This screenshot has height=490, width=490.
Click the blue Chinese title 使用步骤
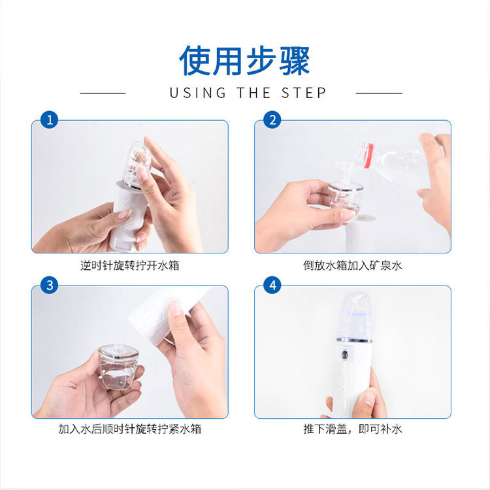[244, 61]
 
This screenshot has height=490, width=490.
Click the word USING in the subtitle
[198, 93]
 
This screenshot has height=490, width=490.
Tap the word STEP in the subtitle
[303, 93]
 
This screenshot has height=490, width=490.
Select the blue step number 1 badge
[50, 120]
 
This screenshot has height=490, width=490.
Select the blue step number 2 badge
[272, 120]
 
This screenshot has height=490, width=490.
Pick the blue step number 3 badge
[50, 285]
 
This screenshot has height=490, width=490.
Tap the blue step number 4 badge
[272, 285]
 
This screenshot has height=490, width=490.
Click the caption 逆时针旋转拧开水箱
[130, 266]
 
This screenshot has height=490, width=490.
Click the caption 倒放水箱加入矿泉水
[353, 266]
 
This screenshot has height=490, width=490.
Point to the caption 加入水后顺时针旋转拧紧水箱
[130, 429]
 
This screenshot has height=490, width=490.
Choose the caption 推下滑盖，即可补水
[353, 429]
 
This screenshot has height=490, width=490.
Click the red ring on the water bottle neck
[368, 155]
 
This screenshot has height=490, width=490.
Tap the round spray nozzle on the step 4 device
[345, 355]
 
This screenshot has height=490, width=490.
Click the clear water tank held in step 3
[118, 367]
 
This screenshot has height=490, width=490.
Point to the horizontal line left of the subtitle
[103, 93]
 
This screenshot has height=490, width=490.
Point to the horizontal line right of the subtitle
[379, 93]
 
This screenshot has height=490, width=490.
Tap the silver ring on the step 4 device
[354, 340]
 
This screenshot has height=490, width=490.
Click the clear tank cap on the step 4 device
[355, 315]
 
